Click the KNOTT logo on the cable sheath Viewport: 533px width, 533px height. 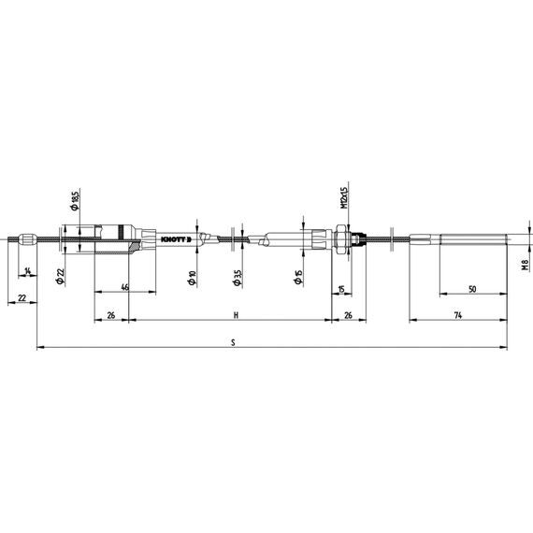(176, 239)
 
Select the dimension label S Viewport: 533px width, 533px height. (233, 342)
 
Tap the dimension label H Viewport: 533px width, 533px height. (236, 315)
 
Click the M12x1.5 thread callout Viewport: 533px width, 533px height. (344, 198)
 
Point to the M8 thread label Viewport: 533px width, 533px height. (526, 265)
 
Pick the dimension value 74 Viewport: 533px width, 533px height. (458, 315)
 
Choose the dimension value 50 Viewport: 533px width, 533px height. (472, 289)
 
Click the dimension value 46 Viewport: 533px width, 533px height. (125, 287)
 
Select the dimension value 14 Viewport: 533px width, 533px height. (28, 271)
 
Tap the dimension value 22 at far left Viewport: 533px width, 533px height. (22, 298)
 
